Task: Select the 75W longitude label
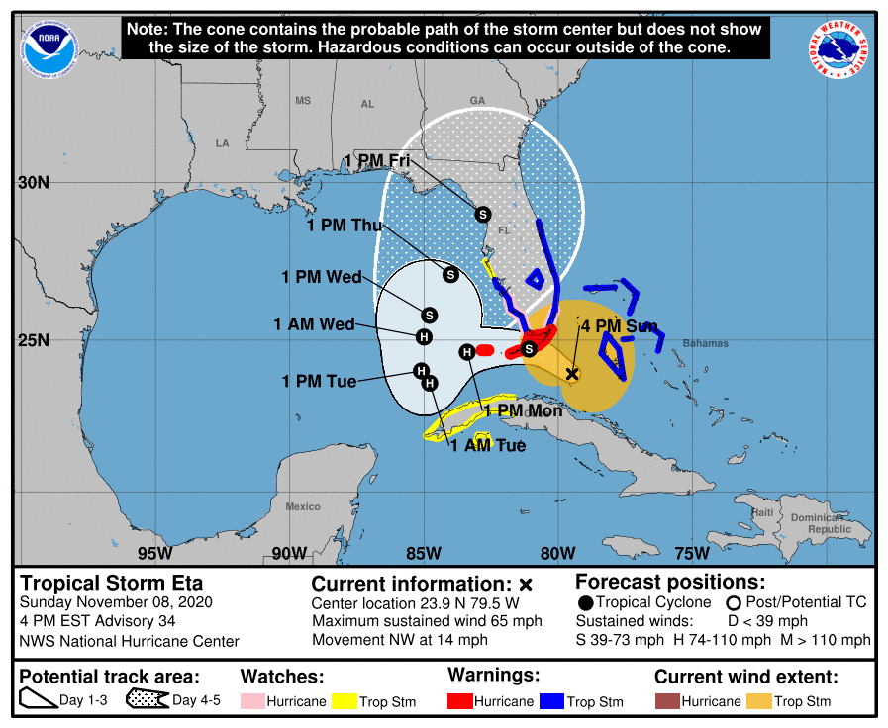click(x=691, y=552)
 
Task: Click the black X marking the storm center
click(x=571, y=374)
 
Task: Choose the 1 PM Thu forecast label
click(x=345, y=226)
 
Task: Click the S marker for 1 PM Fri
click(x=483, y=214)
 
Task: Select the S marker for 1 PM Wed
click(x=429, y=315)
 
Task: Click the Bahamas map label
click(x=705, y=344)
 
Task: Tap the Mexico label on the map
click(x=303, y=506)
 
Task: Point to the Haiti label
click(x=761, y=512)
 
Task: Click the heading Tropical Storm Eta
click(x=111, y=583)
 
